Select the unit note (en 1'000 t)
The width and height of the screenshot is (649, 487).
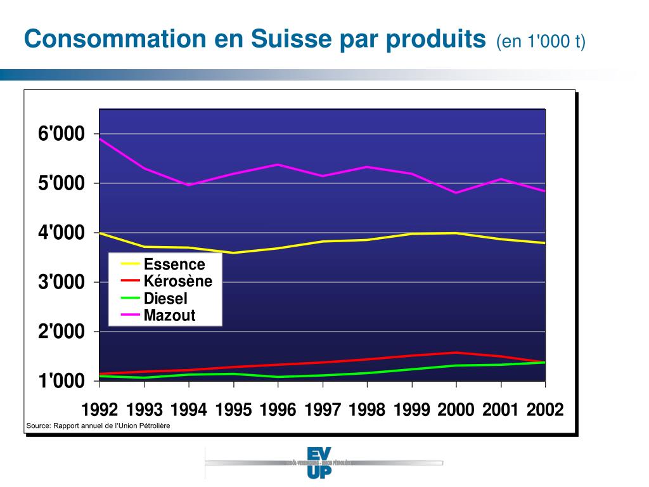coord(541,42)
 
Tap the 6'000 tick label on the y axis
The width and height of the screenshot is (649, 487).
coord(61,134)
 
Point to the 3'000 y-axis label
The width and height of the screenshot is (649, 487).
coord(61,282)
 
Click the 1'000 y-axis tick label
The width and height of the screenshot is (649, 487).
coord(61,381)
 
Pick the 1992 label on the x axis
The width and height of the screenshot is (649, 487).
coord(100,410)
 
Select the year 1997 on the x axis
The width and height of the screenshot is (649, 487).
coord(323,410)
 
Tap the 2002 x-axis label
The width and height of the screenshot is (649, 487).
coord(545,410)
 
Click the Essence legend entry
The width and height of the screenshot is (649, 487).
coord(174,264)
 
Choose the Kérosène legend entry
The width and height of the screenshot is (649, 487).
coord(177,281)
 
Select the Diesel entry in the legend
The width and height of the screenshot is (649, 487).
coord(165,298)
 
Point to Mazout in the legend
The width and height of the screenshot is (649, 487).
coord(169,315)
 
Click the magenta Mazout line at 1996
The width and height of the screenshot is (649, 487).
coord(278,164)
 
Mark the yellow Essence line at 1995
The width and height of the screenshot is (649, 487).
coord(233,253)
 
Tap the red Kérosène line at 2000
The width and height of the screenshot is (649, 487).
coord(456,353)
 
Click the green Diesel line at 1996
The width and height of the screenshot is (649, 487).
coord(278,377)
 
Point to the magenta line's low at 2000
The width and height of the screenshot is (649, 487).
coord(456,193)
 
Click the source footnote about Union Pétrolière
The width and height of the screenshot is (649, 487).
coord(98,425)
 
